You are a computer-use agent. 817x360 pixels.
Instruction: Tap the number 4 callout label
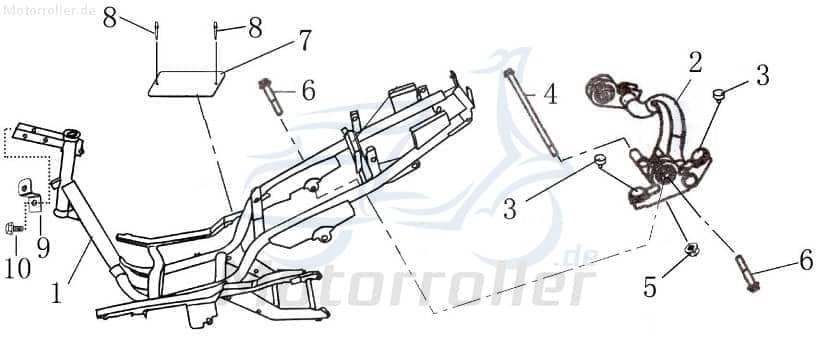click(x=550, y=96)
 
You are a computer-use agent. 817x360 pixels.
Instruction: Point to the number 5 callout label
click(x=651, y=288)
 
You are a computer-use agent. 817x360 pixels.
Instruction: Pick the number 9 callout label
click(x=43, y=247)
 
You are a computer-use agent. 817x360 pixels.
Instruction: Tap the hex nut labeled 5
click(x=688, y=250)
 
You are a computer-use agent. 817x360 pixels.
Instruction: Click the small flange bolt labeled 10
click(x=15, y=229)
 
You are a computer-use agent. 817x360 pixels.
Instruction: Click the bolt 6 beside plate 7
click(x=269, y=96)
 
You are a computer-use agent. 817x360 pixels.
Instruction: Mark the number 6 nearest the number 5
click(x=804, y=261)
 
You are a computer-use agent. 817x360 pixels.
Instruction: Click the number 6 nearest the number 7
click(x=308, y=90)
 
